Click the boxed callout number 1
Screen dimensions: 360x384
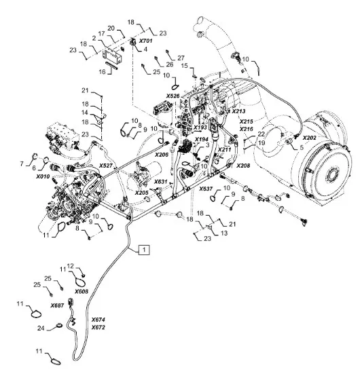click(144, 250)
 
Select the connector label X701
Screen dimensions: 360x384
click(145, 41)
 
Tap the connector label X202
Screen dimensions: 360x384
click(310, 138)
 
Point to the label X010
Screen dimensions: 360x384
click(43, 176)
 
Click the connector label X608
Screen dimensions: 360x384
click(82, 292)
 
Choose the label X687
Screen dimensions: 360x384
click(57, 305)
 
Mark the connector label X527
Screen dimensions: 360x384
click(106, 166)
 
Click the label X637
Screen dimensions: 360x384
click(206, 189)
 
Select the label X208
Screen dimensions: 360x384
click(243, 166)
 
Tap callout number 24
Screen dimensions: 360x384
click(41, 328)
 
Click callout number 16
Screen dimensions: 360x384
click(102, 71)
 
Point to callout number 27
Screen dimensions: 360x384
click(181, 58)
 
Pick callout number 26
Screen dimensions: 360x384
click(169, 64)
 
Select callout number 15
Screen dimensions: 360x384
click(184, 66)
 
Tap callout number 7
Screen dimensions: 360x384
click(22, 164)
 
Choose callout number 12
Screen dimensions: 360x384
click(71, 266)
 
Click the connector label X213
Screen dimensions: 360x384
click(238, 111)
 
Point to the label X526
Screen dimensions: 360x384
click(173, 96)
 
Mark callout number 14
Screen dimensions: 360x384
click(85, 113)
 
